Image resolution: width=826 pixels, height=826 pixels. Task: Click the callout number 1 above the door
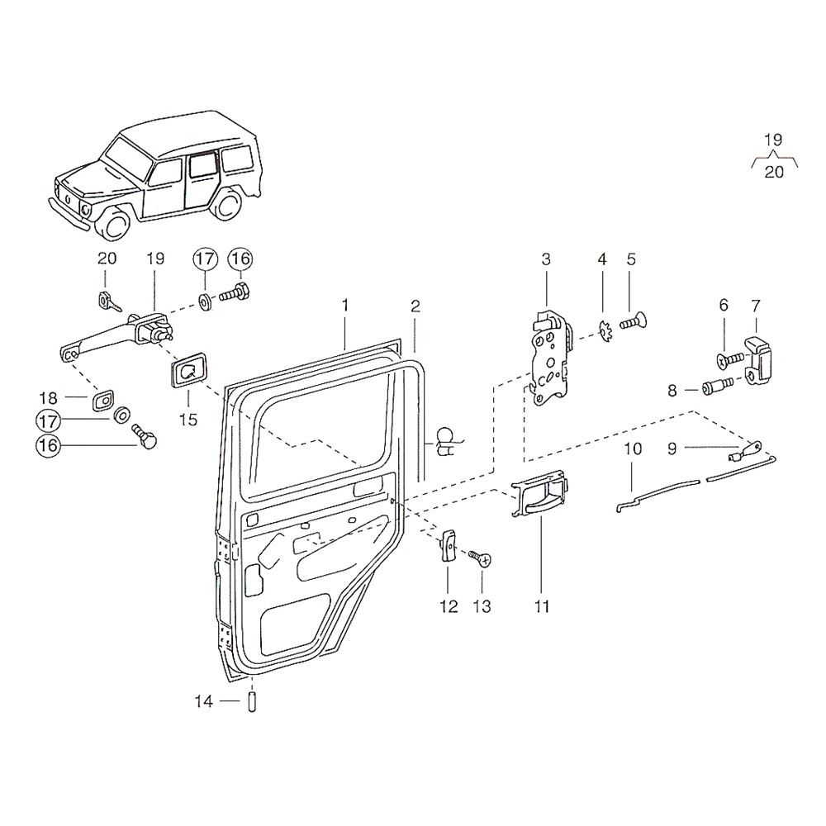point(345,306)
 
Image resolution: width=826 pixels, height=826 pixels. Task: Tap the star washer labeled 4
point(603,333)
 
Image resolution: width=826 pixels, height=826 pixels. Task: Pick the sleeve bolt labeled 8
point(714,386)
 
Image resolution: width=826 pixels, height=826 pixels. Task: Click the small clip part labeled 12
point(449,545)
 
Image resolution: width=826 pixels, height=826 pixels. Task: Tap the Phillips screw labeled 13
point(479,559)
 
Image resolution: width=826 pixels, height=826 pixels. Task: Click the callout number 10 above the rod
point(632,450)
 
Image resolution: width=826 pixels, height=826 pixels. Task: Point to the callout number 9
point(672,449)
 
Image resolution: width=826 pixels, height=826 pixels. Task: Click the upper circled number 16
point(240,259)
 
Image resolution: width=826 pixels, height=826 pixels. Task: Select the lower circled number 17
point(47,421)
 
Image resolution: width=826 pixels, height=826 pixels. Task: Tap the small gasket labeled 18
point(103,401)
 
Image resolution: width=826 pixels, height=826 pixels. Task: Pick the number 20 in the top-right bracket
point(774,173)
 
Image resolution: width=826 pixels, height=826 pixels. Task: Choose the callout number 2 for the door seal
point(415,306)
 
